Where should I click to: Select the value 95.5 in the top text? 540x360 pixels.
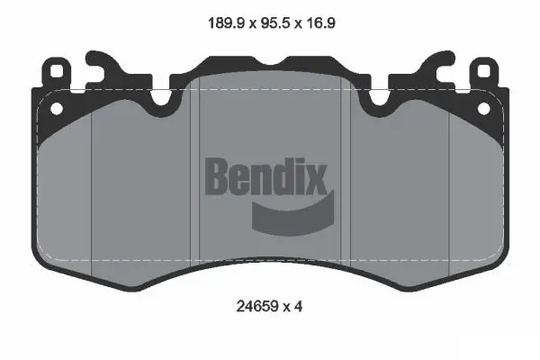(269, 24)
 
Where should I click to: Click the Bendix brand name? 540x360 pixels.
(269, 177)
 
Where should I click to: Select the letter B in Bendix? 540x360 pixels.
(220, 177)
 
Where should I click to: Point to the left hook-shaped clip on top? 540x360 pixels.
(102, 64)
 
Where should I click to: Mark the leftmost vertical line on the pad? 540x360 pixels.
(94, 189)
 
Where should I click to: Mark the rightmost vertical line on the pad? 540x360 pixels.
(448, 189)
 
